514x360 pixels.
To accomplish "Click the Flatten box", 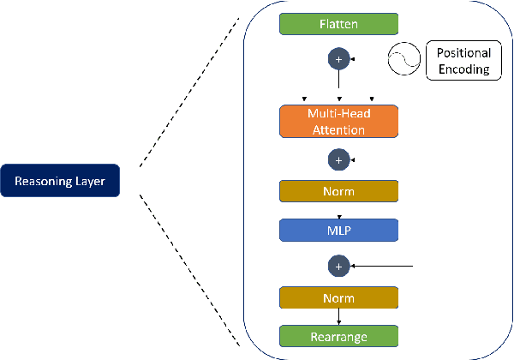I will pos(338,23).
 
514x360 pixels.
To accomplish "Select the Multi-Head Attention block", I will pos(338,122).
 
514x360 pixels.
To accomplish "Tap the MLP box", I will pos(338,229).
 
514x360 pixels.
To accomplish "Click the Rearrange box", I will pos(338,336).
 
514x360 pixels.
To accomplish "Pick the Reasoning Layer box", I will pos(59,181).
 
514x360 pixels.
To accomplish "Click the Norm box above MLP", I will pos(338,191).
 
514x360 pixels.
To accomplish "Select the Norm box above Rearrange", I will pos(338,298).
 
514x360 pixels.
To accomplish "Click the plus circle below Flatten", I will pos(338,60).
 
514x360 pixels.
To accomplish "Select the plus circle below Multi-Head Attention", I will pos(338,159).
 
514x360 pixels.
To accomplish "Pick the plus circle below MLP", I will pos(338,267).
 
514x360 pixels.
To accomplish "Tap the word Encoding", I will pos(463,69).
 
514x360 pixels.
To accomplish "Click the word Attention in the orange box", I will pos(338,130).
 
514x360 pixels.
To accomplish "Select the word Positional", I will pos(463,53).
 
